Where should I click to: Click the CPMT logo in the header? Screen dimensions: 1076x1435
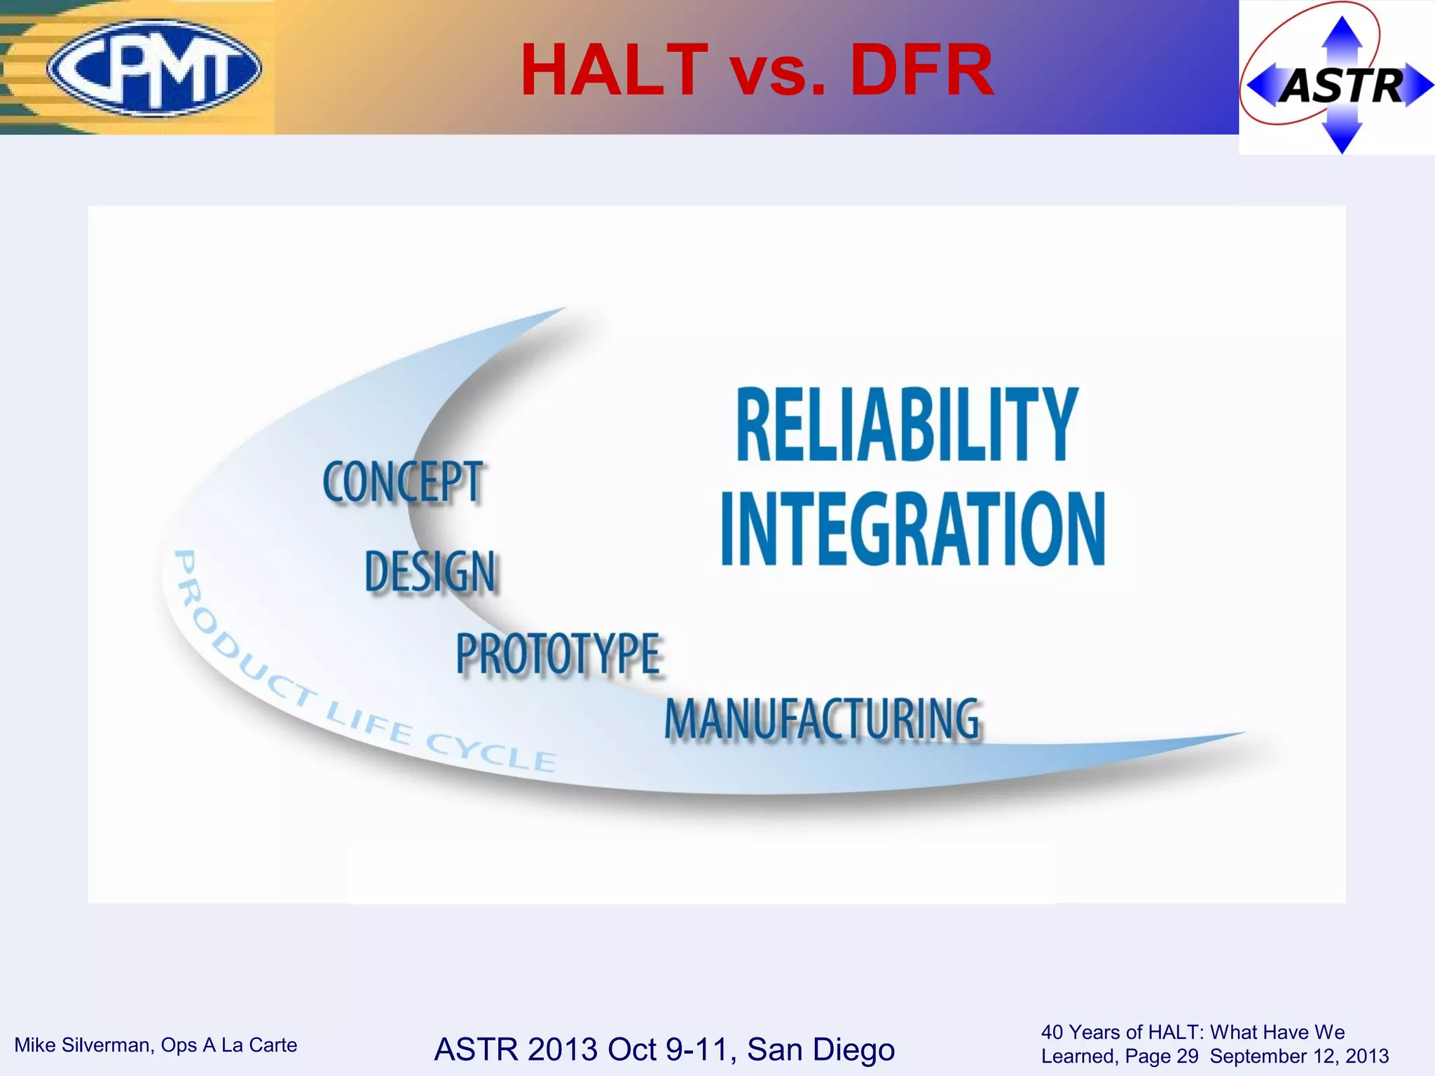154,68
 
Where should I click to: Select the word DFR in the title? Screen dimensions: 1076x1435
921,70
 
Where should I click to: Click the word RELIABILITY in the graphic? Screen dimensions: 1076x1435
907,425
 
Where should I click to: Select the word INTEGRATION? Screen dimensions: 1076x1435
913,528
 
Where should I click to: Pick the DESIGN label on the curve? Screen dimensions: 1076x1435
430,572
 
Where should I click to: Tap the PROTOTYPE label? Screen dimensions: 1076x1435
558,654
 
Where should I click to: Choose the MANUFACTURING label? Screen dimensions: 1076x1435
822,719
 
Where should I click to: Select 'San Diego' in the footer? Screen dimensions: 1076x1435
821,1049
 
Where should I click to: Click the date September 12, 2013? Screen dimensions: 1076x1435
1299,1056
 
